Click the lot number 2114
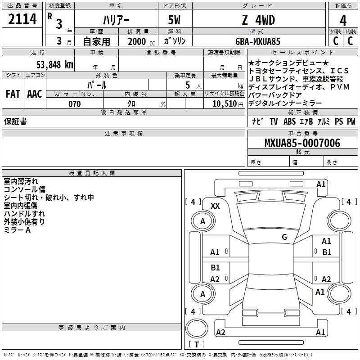[22, 19]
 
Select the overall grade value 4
[343, 20]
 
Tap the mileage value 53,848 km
[55, 65]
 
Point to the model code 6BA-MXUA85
[258, 41]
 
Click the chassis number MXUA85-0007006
[302, 143]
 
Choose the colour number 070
[75, 104]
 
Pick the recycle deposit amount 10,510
[224, 104]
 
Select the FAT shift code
[13, 94]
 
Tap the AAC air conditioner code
[35, 94]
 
